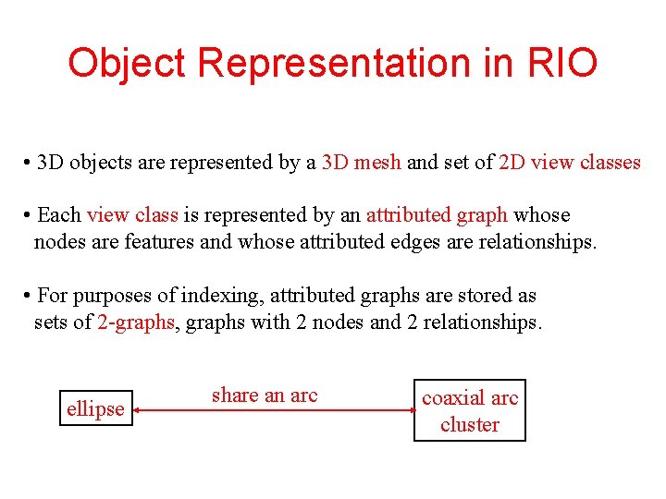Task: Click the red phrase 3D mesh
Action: coord(361,163)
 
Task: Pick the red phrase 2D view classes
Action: coord(569,163)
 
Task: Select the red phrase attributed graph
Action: coord(437,215)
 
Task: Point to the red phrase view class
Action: coord(132,215)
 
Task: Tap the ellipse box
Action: coord(95,408)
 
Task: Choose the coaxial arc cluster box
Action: coord(470,410)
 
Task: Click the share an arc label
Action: coord(265,396)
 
